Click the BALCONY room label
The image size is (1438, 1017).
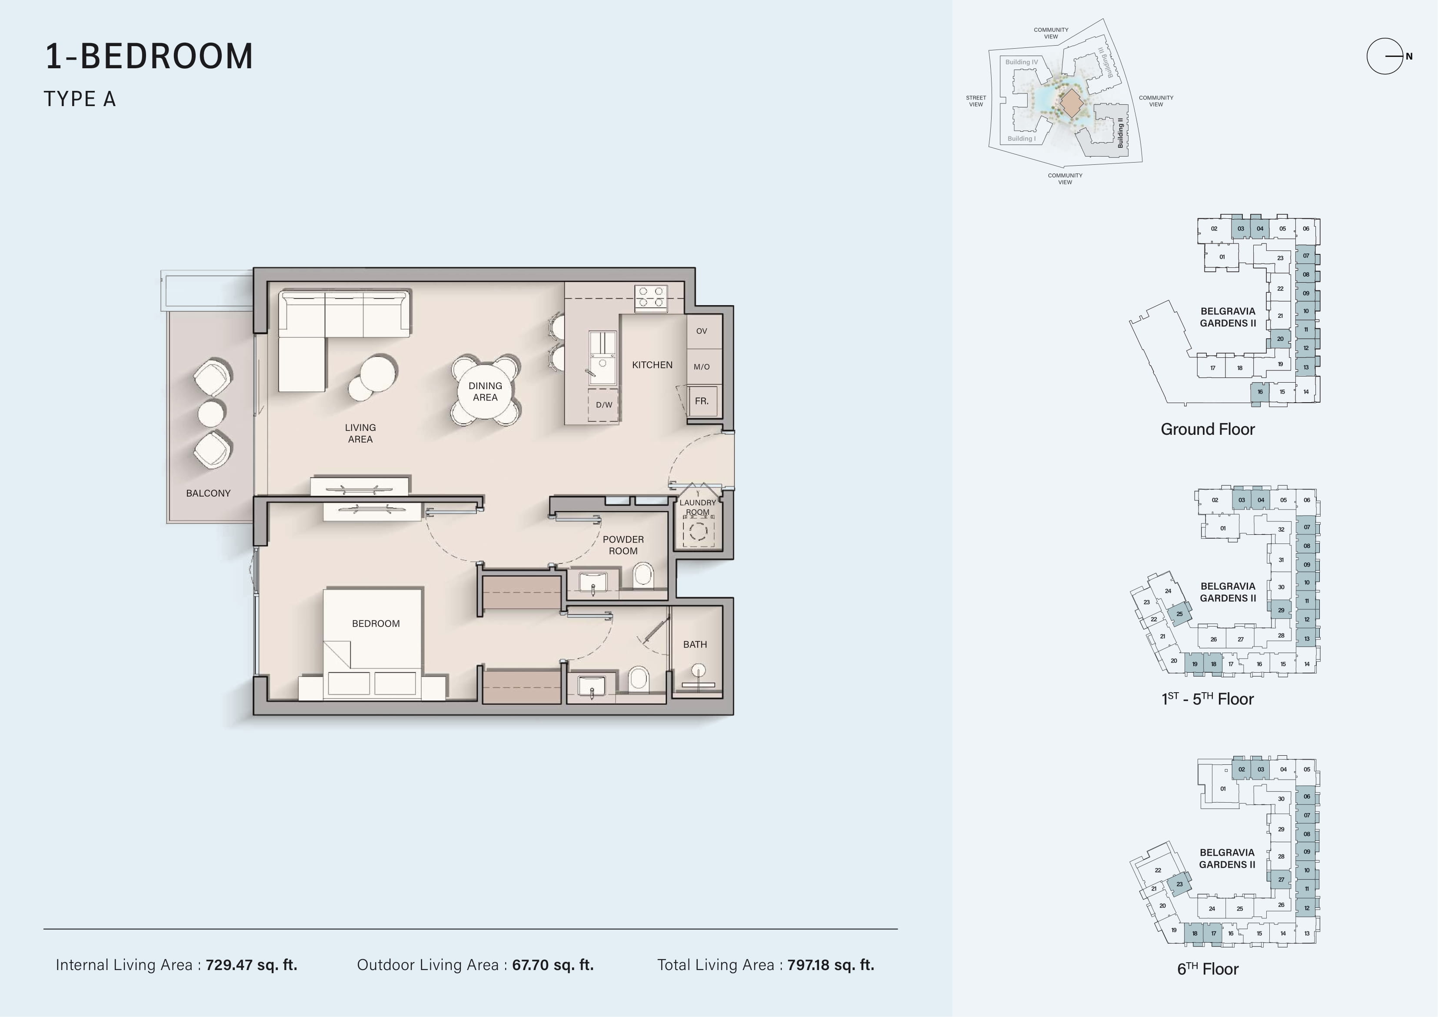(x=208, y=493)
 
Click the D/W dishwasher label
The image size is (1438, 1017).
(x=604, y=405)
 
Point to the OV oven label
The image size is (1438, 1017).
(x=702, y=331)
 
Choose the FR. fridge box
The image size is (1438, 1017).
(x=702, y=401)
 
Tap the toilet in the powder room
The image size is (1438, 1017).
(x=643, y=575)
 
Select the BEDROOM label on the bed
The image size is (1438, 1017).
(x=376, y=624)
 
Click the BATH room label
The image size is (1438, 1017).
(x=695, y=644)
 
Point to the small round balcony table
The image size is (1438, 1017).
(x=211, y=413)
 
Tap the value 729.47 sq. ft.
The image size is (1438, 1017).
(x=252, y=965)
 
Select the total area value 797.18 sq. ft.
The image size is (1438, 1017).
(x=830, y=965)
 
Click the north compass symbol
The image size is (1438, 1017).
(x=1386, y=57)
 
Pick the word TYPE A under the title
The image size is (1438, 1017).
(x=80, y=99)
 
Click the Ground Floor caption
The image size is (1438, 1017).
(x=1208, y=429)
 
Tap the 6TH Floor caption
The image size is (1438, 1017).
(x=1208, y=969)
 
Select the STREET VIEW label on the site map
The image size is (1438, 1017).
(x=976, y=101)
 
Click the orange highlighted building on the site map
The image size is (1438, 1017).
(x=1072, y=103)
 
